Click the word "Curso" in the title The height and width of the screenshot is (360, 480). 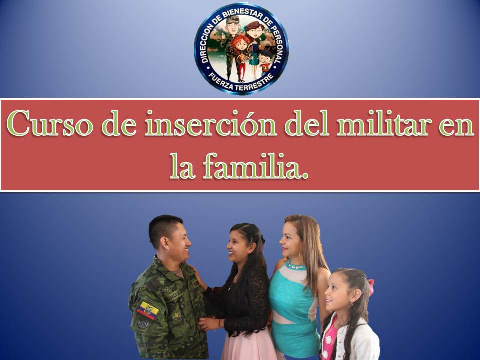(x=50, y=123)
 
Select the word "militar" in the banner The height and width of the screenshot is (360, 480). (x=384, y=123)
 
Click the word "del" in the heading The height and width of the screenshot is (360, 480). (x=307, y=123)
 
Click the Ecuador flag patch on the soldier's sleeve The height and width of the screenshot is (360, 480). (x=148, y=310)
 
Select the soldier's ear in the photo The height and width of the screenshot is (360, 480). (x=165, y=243)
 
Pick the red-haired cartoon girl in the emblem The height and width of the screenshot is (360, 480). (x=241, y=56)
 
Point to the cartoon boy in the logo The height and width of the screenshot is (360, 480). (x=265, y=63)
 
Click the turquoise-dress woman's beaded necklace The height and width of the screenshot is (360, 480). (x=295, y=265)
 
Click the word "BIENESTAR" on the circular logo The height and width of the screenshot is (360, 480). (x=242, y=12)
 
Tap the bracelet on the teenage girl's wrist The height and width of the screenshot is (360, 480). (x=219, y=324)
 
